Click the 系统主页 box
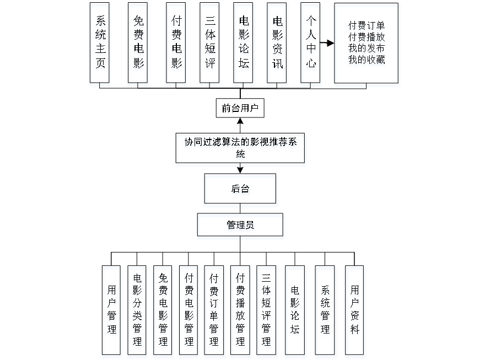point(100,45)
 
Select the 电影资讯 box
point(278,45)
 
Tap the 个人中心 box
point(311,45)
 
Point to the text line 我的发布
point(367,50)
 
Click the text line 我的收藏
point(367,61)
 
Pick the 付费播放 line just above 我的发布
point(367,39)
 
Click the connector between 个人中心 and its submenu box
point(328,42)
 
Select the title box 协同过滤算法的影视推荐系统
point(240,149)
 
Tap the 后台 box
point(241,191)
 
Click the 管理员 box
point(241,227)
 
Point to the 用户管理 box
point(112,311)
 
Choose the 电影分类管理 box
point(137,311)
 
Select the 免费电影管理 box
point(163,311)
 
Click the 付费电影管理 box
point(189,311)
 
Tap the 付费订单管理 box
point(214,311)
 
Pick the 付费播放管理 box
point(241,311)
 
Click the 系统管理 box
point(326,311)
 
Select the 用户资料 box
point(355,311)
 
